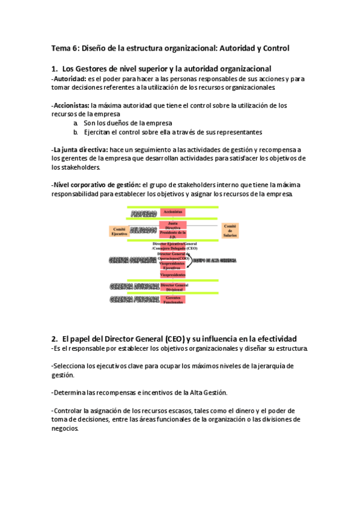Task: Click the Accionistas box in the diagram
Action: click(x=172, y=212)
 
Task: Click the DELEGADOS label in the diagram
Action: click(x=144, y=230)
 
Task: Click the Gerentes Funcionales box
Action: click(x=173, y=299)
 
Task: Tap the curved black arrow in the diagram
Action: click(x=190, y=260)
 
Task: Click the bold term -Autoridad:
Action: click(x=69, y=79)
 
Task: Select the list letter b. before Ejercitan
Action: click(x=76, y=132)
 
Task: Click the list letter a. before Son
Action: click(x=76, y=123)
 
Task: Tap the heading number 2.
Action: click(x=54, y=339)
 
